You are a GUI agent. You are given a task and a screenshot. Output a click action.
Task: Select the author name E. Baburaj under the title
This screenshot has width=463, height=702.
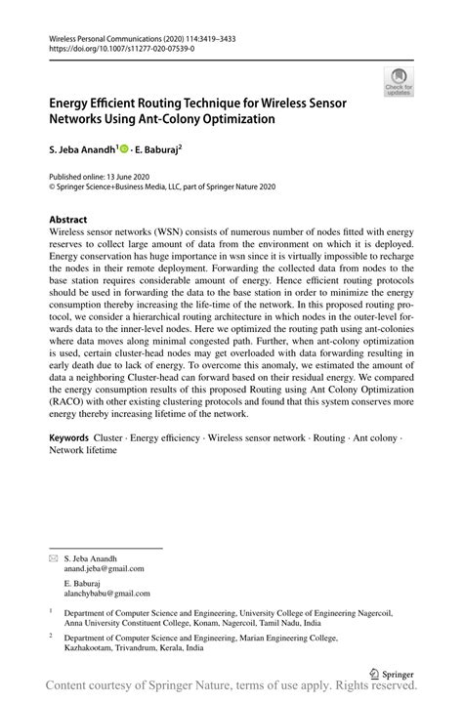tap(160, 152)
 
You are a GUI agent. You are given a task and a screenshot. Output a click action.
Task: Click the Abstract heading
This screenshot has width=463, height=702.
tap(67, 220)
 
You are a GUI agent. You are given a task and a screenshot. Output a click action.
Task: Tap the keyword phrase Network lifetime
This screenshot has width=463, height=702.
tap(86, 450)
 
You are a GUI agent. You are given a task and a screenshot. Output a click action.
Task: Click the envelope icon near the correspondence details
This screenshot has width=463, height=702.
tap(54, 557)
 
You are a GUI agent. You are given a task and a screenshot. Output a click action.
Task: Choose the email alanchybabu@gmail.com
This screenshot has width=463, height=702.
tap(106, 593)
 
